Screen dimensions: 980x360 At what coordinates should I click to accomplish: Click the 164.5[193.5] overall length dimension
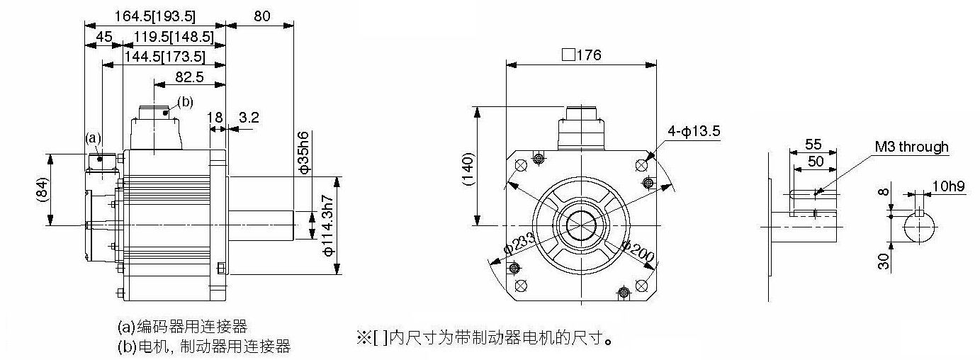click(155, 16)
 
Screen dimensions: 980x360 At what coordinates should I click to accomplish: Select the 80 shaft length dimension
click(261, 16)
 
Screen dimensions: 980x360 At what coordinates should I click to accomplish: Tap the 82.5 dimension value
click(189, 77)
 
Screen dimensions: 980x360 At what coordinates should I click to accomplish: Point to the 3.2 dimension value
click(249, 117)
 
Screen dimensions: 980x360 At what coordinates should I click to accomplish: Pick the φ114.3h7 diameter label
click(328, 225)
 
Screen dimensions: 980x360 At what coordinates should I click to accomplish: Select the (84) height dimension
click(41, 189)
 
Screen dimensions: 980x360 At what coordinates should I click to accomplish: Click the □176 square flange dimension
click(582, 55)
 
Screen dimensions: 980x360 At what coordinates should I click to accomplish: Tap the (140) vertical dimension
click(467, 169)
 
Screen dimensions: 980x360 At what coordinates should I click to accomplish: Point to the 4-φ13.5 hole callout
click(694, 131)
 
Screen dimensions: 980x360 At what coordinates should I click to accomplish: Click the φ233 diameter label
click(519, 243)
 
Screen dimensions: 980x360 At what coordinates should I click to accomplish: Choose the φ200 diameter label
click(638, 251)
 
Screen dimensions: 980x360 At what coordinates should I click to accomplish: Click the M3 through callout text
click(912, 147)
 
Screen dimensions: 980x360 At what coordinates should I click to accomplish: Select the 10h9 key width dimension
click(948, 186)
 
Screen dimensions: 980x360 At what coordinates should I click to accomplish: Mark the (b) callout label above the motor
click(185, 102)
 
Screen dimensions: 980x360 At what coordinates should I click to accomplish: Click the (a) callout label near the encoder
click(94, 138)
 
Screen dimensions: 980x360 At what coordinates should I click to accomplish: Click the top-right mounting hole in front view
click(641, 165)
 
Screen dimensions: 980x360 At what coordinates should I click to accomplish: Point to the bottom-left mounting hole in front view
click(521, 286)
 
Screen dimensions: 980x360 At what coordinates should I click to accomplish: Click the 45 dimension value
click(103, 37)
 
